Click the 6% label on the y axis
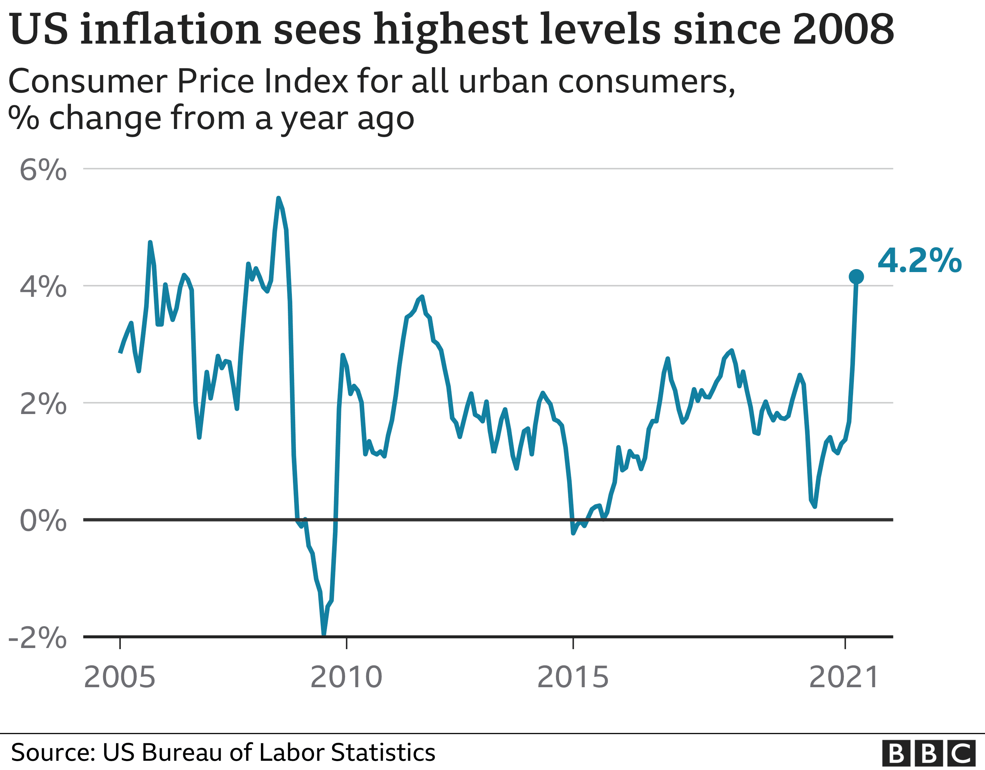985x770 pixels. coord(43,171)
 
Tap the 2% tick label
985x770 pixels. coord(43,404)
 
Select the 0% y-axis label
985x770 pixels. coord(43,520)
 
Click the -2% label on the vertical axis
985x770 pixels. coord(38,638)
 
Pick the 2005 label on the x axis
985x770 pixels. coord(119,677)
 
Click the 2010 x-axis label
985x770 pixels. coord(346,677)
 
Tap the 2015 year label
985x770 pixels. coord(573,677)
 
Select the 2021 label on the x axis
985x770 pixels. coord(844,677)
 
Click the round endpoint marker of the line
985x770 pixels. coord(856,277)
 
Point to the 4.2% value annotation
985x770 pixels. coord(919,261)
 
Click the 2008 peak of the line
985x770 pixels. coord(278,198)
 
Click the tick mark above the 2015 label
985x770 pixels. coord(573,643)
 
